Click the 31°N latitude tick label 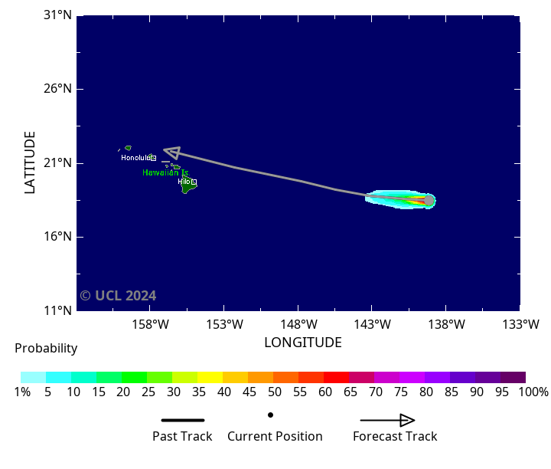(x=58, y=15)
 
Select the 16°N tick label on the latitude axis (x=58, y=237)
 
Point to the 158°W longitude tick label (x=150, y=324)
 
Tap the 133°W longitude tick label (x=520, y=324)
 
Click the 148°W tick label (x=298, y=324)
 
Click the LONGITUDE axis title (x=303, y=343)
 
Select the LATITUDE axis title (x=31, y=162)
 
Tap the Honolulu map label (x=136, y=158)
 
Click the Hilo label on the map (x=184, y=182)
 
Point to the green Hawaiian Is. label (x=165, y=173)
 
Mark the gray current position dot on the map (x=429, y=201)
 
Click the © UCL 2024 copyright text (x=118, y=296)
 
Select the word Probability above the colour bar (x=46, y=349)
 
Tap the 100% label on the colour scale (x=533, y=392)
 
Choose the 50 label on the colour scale (x=273, y=392)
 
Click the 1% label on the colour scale (x=21, y=392)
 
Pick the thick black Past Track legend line (x=183, y=420)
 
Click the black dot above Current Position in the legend (x=270, y=415)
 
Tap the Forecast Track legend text (x=395, y=437)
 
